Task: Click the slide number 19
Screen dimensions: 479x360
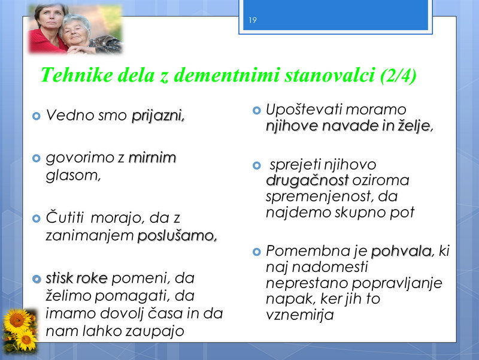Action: point(253,20)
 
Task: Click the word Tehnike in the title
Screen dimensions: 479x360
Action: point(77,75)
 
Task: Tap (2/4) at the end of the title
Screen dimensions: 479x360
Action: point(398,75)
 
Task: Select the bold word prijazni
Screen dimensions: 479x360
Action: point(158,116)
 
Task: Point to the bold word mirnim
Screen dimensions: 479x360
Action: point(153,158)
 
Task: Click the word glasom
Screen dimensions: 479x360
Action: point(73,176)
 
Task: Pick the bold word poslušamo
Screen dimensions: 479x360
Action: point(177,236)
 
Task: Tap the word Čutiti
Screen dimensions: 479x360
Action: point(65,217)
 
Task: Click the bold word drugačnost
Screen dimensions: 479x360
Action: point(307,181)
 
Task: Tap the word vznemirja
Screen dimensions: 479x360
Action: point(300,314)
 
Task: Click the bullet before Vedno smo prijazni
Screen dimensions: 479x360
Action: point(37,116)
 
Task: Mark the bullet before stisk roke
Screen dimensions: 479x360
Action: point(37,279)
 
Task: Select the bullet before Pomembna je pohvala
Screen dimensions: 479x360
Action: point(257,252)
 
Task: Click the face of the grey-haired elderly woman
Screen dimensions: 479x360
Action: point(74,33)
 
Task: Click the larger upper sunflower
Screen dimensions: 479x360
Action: point(17,320)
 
